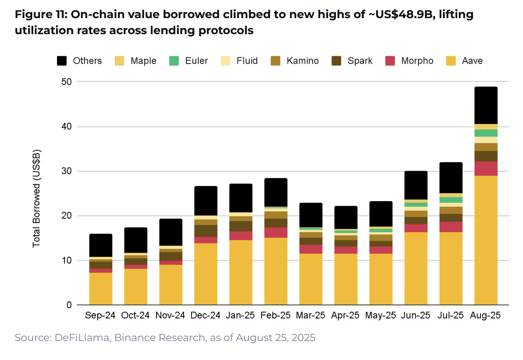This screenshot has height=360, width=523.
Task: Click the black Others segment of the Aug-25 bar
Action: [485, 105]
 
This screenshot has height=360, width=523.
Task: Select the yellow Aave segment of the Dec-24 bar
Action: [205, 274]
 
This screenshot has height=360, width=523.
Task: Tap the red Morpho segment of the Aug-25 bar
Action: [485, 169]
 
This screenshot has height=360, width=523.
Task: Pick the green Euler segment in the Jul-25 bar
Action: [450, 200]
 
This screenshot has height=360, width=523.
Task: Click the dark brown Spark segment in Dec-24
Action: [205, 231]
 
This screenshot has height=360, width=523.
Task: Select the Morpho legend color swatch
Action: [390, 61]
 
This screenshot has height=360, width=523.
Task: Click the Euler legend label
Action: [196, 61]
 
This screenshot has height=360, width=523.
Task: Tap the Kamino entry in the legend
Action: [302, 61]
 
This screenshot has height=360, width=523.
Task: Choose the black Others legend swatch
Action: [62, 61]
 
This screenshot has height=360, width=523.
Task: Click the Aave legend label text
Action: [472, 61]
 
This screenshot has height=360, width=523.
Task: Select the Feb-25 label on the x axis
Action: [275, 316]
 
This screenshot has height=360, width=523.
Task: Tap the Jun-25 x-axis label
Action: [415, 316]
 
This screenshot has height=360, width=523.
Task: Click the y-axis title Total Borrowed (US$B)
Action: [37, 198]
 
